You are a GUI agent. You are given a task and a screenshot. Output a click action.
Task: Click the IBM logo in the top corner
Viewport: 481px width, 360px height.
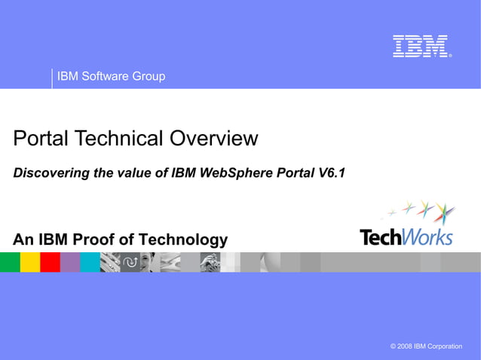(420, 47)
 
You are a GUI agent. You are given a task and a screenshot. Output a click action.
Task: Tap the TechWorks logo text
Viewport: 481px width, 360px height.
(406, 236)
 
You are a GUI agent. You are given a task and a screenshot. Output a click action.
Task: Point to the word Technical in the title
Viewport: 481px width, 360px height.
(121, 139)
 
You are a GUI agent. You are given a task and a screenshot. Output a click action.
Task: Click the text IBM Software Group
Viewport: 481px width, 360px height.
(111, 77)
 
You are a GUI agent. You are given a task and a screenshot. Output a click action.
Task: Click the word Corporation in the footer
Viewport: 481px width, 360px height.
(444, 346)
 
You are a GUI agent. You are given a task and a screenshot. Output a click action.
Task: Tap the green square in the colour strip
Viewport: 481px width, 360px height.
(10, 262)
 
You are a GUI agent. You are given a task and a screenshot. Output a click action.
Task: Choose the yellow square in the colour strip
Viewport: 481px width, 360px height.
(30, 262)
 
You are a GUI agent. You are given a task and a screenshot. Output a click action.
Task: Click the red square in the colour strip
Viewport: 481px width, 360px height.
(50, 262)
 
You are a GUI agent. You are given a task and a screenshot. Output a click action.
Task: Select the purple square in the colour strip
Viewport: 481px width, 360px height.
(70, 262)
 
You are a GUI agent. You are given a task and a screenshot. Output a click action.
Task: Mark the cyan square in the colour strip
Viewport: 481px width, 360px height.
(90, 262)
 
